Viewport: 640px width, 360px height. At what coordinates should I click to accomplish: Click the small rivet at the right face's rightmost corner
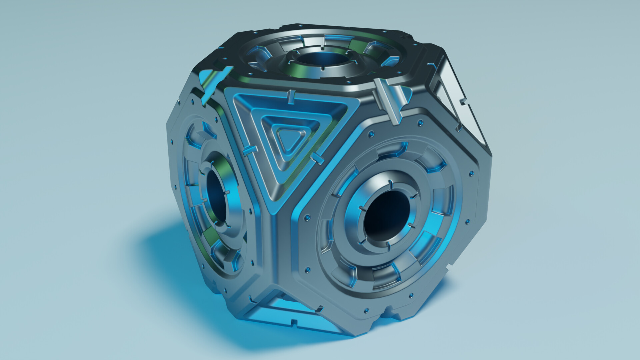tap(471, 173)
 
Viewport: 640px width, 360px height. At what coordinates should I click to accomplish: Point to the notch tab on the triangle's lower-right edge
tap(317, 158)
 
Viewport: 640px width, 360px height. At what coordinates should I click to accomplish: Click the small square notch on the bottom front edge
tap(294, 323)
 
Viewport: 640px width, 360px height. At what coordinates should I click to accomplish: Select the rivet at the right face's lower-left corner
tap(307, 269)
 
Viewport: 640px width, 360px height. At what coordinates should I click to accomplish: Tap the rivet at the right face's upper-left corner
tap(371, 134)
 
